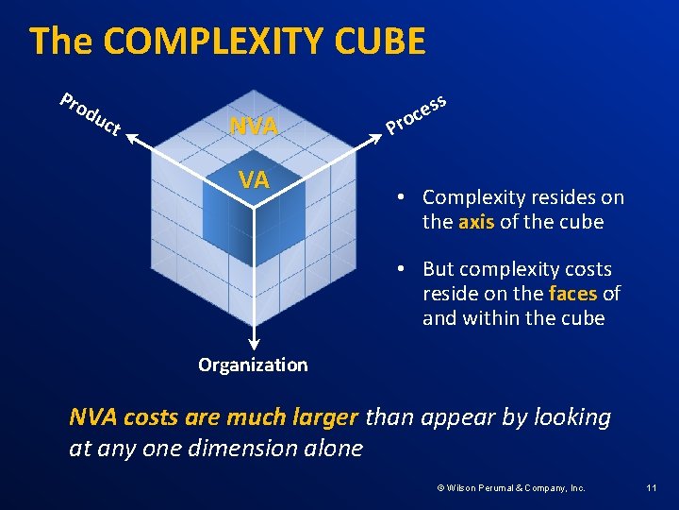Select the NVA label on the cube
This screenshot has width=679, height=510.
pos(254,126)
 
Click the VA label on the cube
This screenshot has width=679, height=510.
pos(254,179)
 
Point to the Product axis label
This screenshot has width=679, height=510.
pos(90,113)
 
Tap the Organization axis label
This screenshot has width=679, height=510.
pos(253,365)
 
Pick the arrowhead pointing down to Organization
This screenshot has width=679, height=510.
pos(254,346)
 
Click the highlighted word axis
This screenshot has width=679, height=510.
pos(476,222)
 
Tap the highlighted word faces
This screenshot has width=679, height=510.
pos(572,294)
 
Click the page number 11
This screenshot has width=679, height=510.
pos(651,487)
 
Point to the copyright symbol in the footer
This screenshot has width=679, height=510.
pos(439,487)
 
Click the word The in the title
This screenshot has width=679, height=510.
pos(61,42)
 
